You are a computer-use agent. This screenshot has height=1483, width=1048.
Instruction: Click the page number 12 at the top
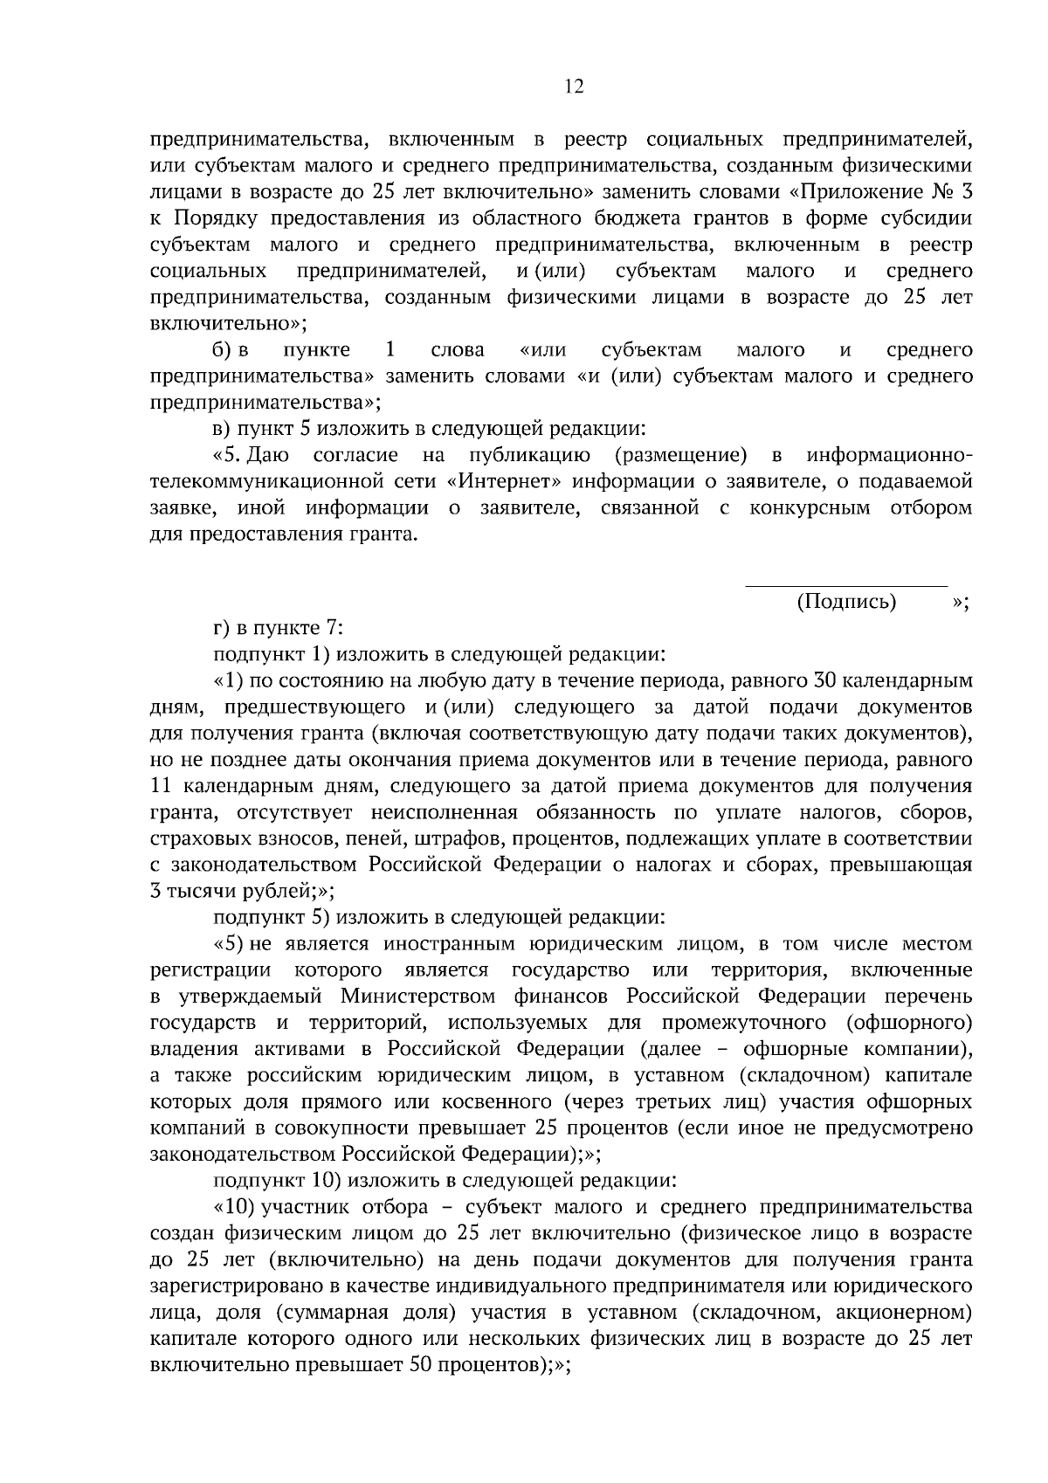(574, 86)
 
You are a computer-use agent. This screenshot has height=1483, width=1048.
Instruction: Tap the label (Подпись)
(846, 602)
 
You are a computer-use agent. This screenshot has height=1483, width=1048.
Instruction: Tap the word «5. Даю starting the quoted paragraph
(245, 455)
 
